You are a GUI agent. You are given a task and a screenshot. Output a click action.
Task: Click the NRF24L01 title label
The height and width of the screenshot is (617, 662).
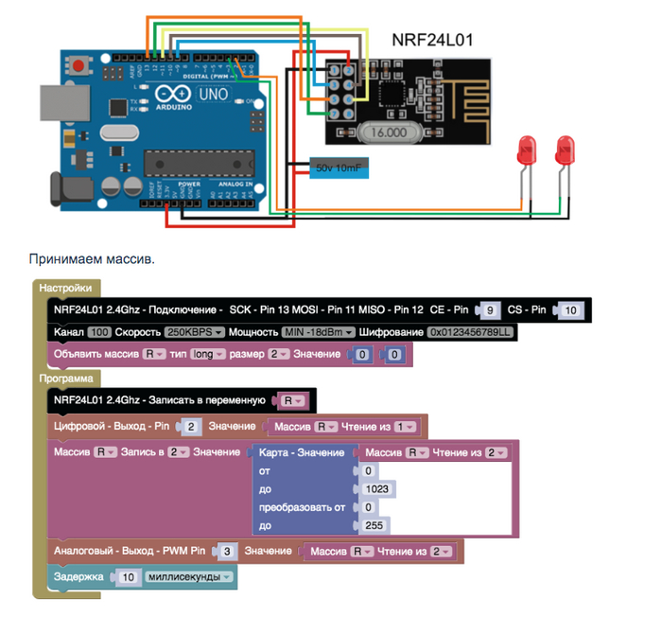[432, 41]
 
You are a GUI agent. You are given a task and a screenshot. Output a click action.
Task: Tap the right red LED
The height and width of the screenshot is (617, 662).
[566, 150]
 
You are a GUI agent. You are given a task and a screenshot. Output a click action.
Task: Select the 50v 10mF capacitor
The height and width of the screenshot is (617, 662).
[339, 168]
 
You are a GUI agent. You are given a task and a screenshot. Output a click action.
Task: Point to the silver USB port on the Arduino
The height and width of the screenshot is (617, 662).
[56, 104]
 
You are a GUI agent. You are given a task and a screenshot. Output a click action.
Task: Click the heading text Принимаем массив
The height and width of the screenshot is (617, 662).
[91, 257]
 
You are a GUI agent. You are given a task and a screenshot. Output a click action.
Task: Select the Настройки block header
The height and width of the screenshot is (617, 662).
[65, 288]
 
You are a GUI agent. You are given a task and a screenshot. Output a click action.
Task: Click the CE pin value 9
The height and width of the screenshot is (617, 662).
[490, 309]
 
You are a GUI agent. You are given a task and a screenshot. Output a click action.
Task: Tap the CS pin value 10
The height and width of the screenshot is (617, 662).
[569, 309]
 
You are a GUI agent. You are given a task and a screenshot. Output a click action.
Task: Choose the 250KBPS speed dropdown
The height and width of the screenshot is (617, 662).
[194, 332]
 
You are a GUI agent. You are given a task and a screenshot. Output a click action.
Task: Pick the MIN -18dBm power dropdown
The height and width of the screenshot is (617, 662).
[318, 332]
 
